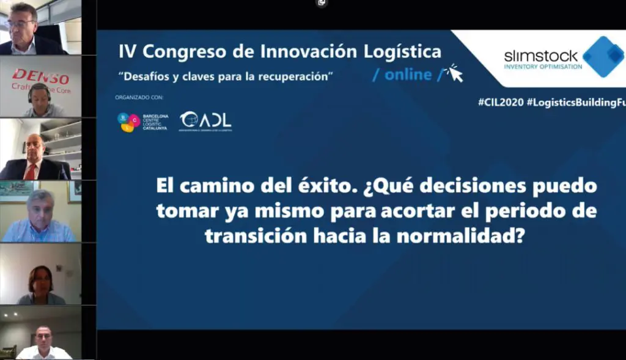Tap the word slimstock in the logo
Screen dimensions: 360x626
tap(540, 56)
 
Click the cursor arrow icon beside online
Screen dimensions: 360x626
tap(454, 73)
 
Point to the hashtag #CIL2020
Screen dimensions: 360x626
tap(500, 103)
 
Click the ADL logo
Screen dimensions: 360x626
tap(205, 121)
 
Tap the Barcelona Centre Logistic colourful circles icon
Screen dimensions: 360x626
tap(128, 122)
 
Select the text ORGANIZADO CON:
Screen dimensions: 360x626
tap(139, 97)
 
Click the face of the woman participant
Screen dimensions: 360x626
tap(41, 281)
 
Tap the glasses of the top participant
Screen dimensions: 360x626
tap(20, 24)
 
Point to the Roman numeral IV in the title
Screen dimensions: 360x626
tap(127, 51)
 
